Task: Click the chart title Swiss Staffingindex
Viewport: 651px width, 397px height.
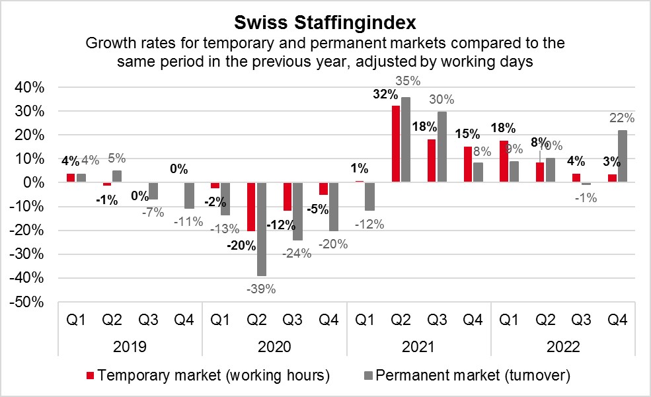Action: coord(325,23)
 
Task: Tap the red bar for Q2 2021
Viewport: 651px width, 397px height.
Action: coord(396,143)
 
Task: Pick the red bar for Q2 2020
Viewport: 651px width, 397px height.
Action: coord(252,206)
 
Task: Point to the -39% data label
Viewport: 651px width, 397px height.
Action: coord(260,288)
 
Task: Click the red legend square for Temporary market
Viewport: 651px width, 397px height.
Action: coord(90,377)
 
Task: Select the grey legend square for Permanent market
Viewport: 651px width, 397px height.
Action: coord(369,377)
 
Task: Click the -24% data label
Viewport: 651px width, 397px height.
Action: coord(298,252)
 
